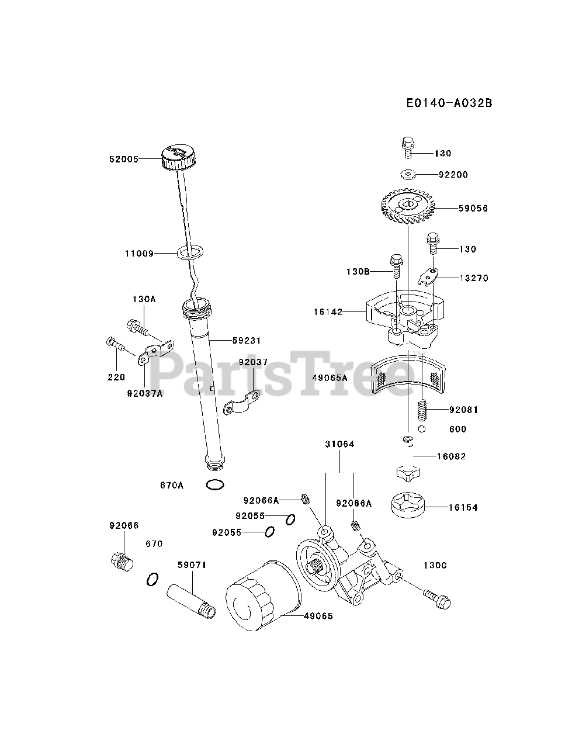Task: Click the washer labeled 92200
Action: click(408, 174)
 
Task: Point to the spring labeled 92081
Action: click(422, 410)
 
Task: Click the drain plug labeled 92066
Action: click(122, 560)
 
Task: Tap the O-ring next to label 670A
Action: click(214, 484)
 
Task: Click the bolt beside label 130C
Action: click(438, 598)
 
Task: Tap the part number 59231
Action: click(246, 340)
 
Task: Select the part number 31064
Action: click(340, 444)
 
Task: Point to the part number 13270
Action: click(474, 278)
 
